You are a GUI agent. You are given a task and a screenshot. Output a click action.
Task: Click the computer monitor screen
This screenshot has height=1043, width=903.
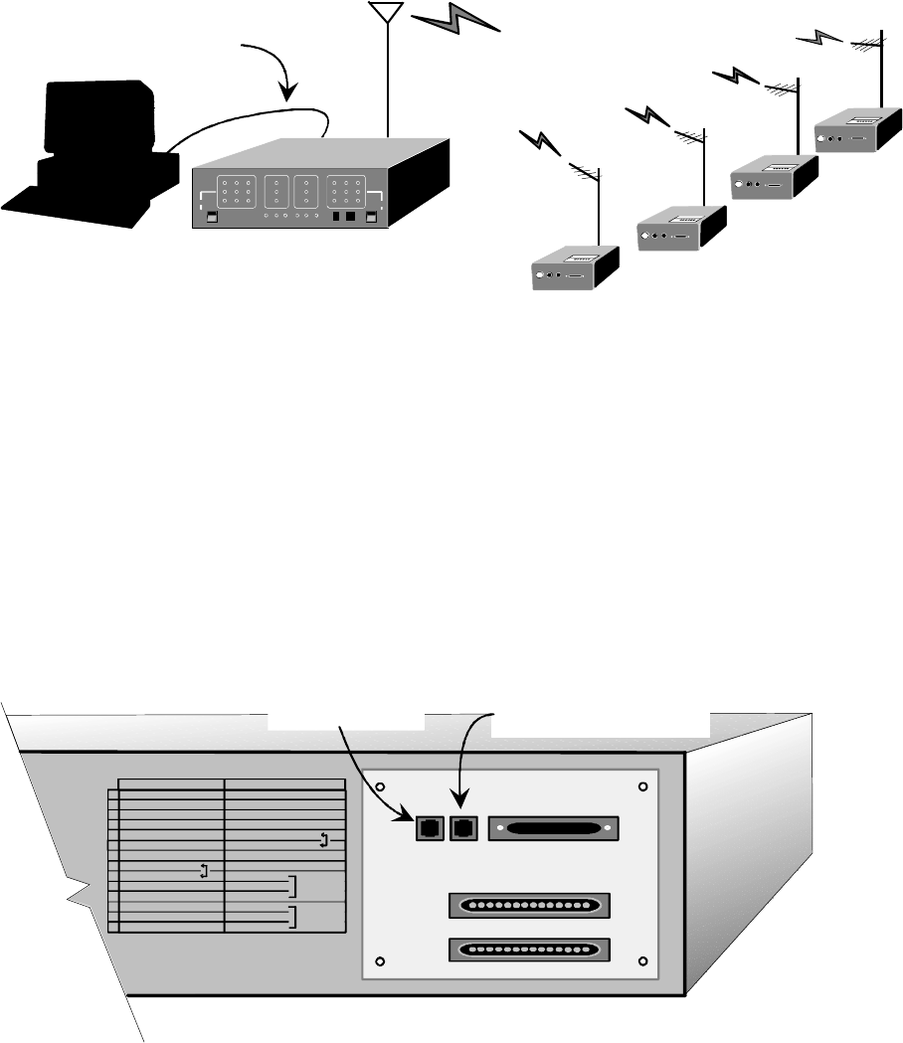pyautogui.click(x=93, y=119)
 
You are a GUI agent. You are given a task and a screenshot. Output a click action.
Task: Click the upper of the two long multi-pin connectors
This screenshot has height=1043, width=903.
pyautogui.click(x=528, y=906)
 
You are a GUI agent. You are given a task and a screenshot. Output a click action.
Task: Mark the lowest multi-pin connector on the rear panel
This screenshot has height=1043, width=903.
pyautogui.click(x=528, y=949)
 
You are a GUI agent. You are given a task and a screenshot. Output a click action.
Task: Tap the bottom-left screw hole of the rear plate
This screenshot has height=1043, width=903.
pyautogui.click(x=380, y=961)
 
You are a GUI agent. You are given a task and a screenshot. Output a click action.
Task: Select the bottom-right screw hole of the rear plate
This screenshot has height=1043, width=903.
pyautogui.click(x=642, y=961)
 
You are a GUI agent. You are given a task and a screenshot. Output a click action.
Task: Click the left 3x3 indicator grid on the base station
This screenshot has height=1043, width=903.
pyautogui.click(x=237, y=190)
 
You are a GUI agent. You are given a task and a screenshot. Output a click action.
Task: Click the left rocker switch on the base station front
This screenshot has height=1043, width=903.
pyautogui.click(x=211, y=218)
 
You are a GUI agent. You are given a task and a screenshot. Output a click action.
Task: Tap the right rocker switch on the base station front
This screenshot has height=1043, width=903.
pyautogui.click(x=372, y=218)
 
